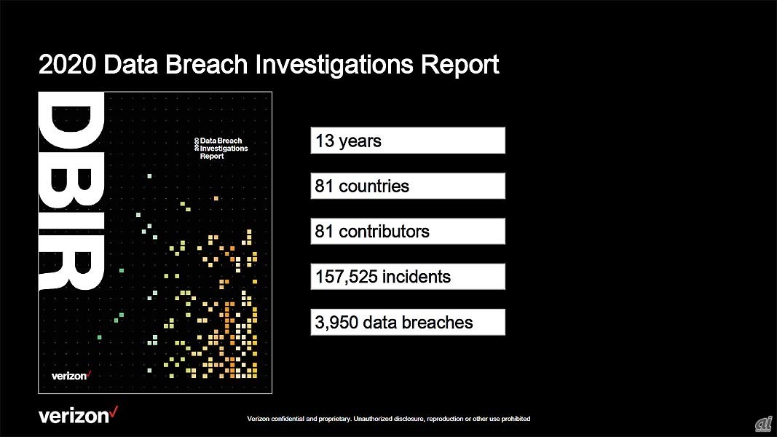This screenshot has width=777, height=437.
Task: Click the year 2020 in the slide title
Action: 68,64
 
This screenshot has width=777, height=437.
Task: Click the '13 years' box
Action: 408,141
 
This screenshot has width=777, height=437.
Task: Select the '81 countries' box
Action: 408,186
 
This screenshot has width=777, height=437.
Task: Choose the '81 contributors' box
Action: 408,232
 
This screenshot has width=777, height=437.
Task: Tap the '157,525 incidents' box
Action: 408,277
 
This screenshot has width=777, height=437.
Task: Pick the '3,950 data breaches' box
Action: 408,322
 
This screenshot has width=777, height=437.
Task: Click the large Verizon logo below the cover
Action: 79,415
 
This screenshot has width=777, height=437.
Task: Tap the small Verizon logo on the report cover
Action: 71,376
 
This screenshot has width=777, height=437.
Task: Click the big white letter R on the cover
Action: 71,261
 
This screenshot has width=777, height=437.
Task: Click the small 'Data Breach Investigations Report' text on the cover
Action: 221,148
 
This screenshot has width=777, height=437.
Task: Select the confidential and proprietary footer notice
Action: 389,419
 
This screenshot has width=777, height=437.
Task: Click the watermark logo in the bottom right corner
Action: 764,424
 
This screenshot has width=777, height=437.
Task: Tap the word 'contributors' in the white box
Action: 384,232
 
